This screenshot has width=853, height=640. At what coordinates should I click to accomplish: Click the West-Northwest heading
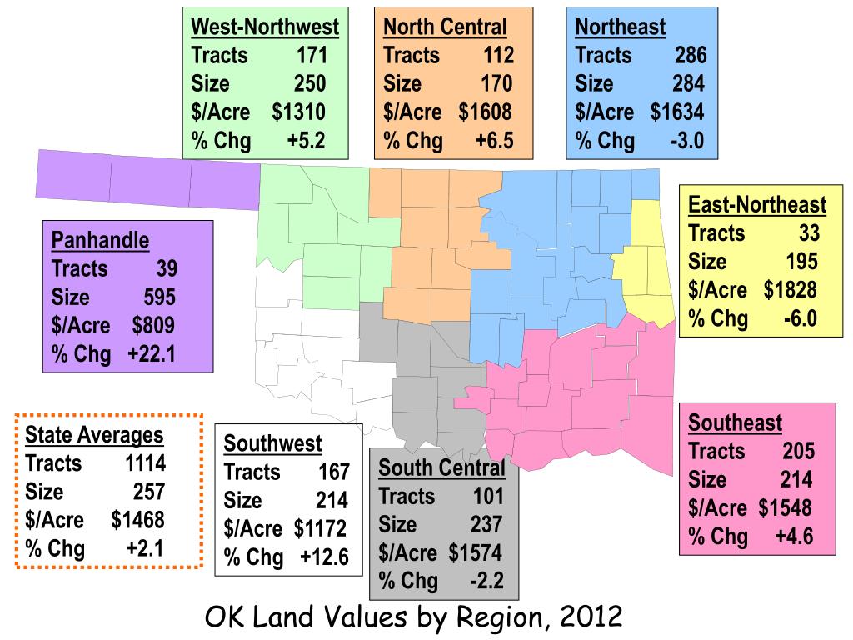(265, 27)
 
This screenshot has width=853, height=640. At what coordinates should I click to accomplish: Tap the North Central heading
(445, 27)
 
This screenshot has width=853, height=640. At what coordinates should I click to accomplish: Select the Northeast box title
(621, 27)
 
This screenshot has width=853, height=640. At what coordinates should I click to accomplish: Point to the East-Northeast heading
(757, 205)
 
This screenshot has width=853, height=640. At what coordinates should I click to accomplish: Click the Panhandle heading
(100, 241)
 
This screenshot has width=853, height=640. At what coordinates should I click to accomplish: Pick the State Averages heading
(95, 435)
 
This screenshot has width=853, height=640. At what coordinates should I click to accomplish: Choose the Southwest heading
(272, 443)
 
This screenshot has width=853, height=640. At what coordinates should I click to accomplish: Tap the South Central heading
(441, 468)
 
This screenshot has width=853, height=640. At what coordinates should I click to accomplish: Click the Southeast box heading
(736, 423)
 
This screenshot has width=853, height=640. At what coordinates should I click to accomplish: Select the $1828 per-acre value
(790, 290)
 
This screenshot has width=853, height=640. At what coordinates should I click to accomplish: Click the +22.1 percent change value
(152, 355)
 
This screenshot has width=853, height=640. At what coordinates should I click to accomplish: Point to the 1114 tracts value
(145, 463)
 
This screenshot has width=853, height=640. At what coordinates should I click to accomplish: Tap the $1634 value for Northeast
(677, 112)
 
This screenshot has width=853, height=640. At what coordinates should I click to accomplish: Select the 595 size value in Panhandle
(157, 298)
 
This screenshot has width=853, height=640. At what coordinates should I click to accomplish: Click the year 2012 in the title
(592, 617)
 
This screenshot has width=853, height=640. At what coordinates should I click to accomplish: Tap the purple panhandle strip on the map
(150, 178)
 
